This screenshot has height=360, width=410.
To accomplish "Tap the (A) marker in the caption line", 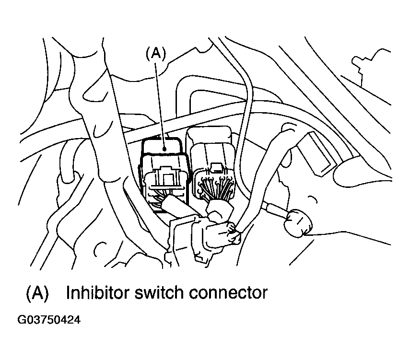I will (x=37, y=292).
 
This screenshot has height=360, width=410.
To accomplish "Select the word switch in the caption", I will (x=158, y=292).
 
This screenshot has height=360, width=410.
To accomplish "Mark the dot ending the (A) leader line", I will (x=164, y=149).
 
